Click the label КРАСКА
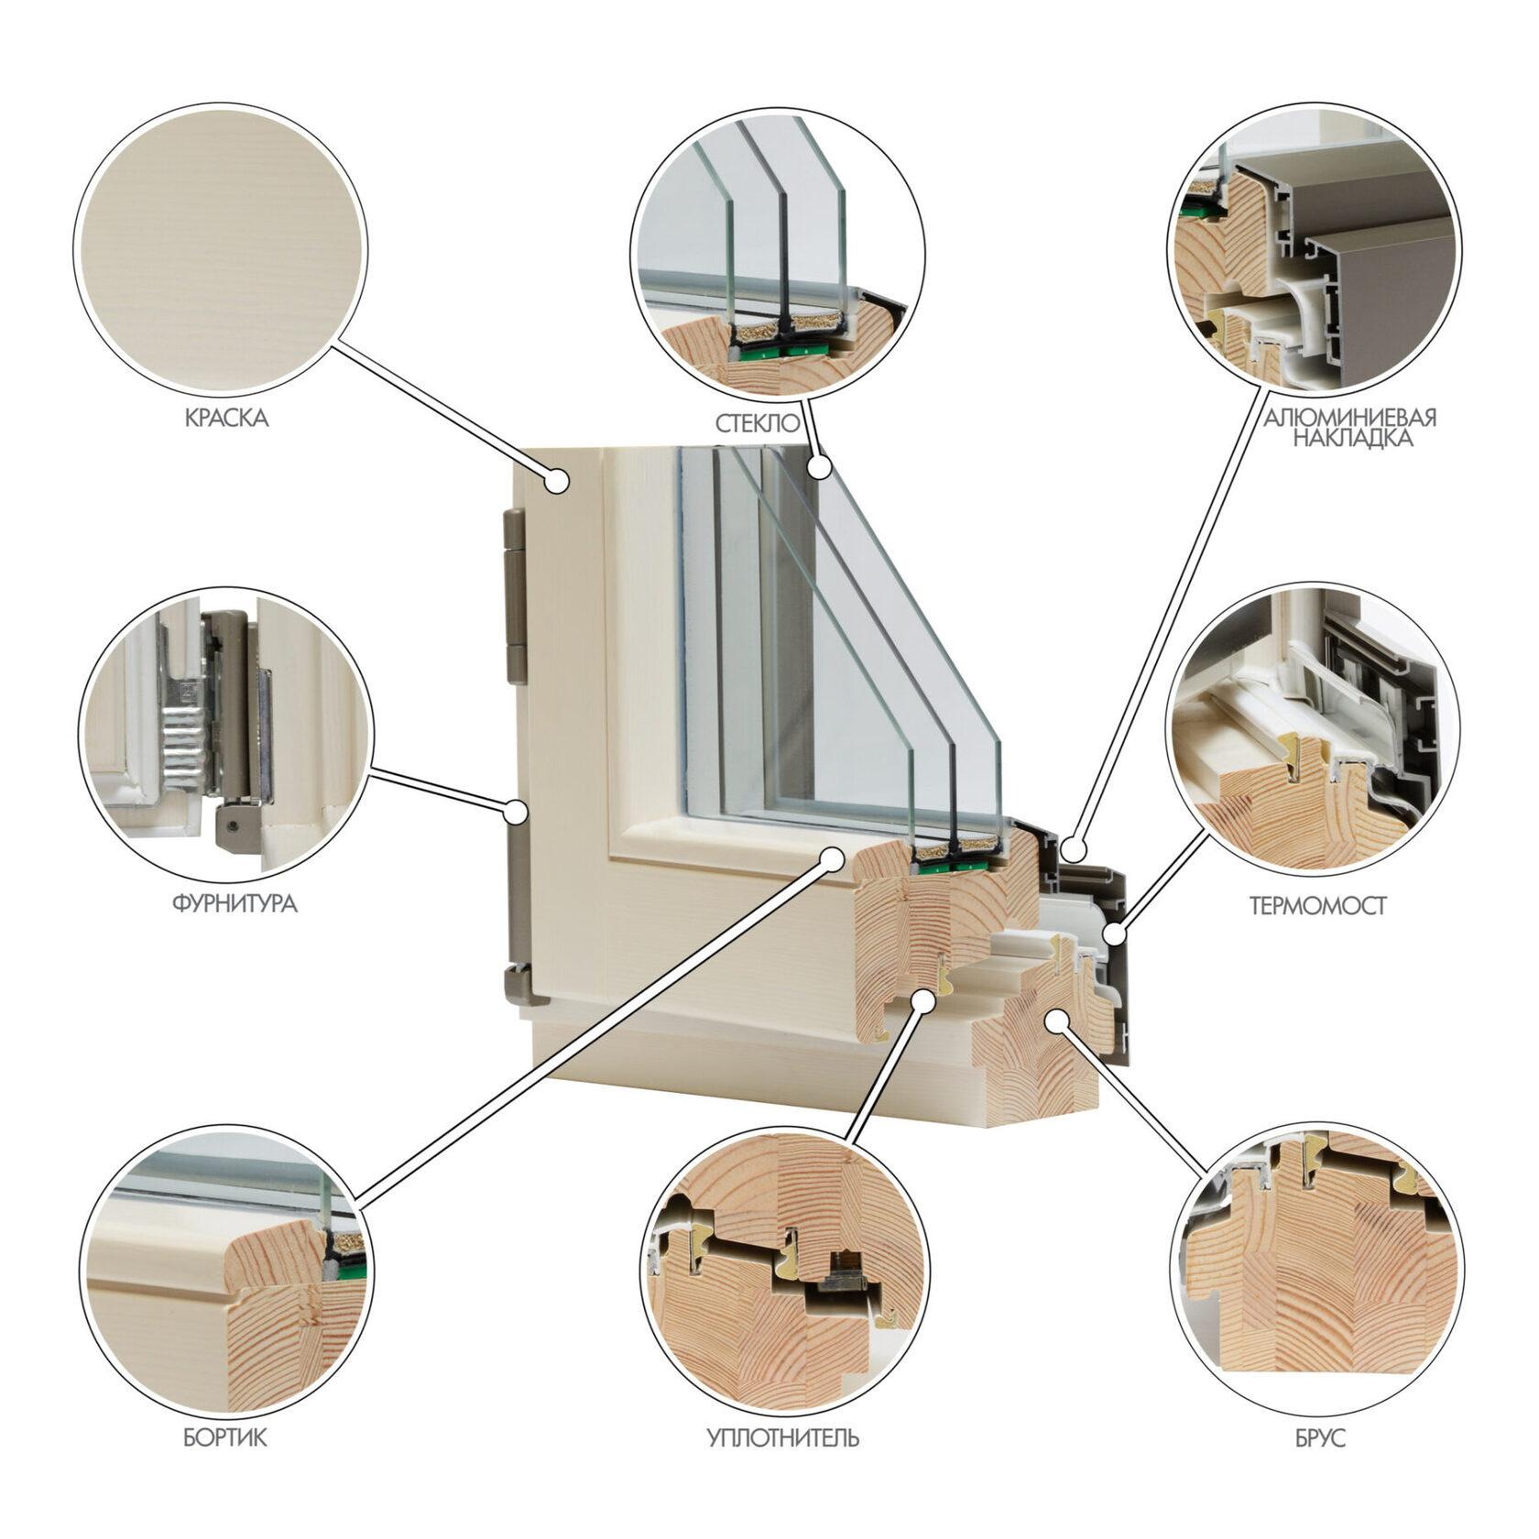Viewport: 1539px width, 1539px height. (226, 419)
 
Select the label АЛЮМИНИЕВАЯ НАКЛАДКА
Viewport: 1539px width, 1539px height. (1350, 428)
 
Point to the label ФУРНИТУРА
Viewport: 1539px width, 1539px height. (235, 904)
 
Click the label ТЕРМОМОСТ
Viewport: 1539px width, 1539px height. (1318, 907)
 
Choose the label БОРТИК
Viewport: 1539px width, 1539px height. (225, 1438)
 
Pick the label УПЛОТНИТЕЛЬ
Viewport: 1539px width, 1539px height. (783, 1438)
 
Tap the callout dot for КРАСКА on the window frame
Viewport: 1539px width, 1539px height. (557, 480)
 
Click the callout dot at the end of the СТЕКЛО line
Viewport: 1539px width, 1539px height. (820, 467)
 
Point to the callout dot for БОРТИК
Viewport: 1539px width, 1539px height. (833, 857)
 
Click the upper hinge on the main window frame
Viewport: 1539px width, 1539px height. (516, 597)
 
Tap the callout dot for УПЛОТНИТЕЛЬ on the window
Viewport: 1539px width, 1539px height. (925, 1002)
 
